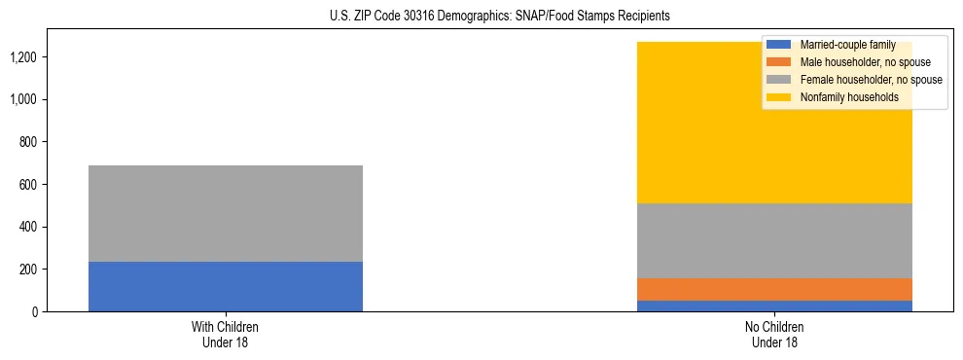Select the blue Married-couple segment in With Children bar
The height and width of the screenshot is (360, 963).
[x=226, y=286]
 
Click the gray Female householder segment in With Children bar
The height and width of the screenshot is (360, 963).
[x=226, y=213]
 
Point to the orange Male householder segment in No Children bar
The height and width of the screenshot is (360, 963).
[x=775, y=289]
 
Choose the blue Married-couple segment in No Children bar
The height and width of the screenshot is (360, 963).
[x=775, y=306]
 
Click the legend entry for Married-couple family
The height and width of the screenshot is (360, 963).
[x=847, y=45]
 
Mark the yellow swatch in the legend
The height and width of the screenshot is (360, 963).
[x=779, y=97]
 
